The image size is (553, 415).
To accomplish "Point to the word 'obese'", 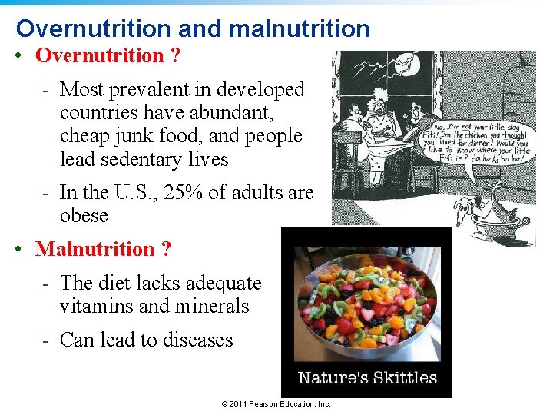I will pyautogui.click(x=84, y=215).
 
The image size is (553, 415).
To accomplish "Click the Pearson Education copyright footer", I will pyautogui.click(x=276, y=403).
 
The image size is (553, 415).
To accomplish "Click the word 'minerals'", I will pyautogui.click(x=212, y=306).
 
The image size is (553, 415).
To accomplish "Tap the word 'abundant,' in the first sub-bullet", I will pyautogui.click(x=230, y=112).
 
